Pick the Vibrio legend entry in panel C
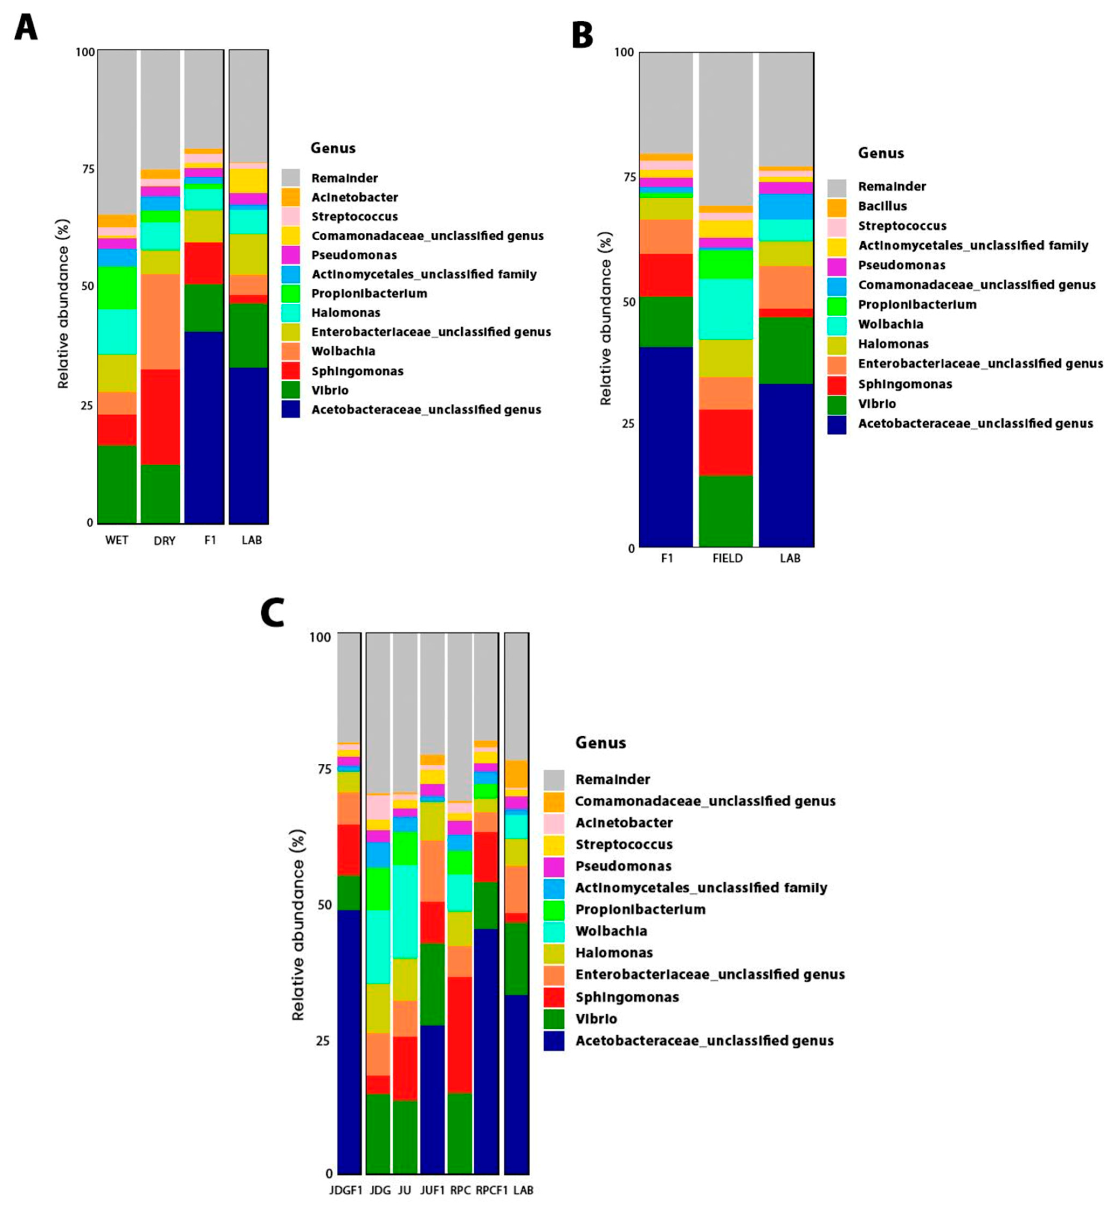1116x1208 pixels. coord(596,1019)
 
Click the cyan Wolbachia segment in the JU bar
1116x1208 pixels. coord(405,912)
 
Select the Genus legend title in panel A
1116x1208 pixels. coord(333,148)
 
